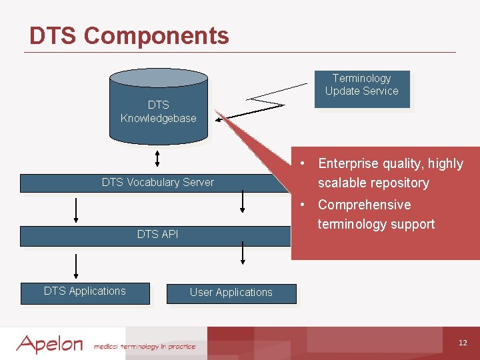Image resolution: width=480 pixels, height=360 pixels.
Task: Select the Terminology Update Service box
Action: tap(361, 85)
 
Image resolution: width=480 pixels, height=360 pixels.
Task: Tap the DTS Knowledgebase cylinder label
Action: tap(158, 111)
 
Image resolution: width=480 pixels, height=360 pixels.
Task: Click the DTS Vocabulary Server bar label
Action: tap(158, 182)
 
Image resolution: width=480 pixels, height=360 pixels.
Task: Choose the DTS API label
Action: tap(157, 234)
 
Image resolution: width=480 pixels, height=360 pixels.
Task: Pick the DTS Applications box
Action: tap(85, 291)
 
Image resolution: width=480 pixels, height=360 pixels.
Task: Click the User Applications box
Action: tap(231, 293)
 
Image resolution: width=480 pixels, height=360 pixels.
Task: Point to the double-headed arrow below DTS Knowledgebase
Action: tap(157, 158)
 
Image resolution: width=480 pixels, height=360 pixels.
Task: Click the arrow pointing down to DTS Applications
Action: tap(76, 265)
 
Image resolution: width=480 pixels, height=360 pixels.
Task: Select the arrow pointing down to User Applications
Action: tap(243, 253)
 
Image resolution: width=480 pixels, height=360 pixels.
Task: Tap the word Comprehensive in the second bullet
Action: tap(364, 205)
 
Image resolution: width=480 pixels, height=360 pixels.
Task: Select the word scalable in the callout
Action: tap(341, 183)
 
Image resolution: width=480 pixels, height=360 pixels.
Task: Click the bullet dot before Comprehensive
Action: tap(303, 204)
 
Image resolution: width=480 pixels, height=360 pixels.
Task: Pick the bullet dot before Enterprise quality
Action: tap(303, 163)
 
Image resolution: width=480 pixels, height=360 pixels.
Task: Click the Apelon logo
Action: tap(49, 344)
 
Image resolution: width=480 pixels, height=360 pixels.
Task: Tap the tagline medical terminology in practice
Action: tap(145, 346)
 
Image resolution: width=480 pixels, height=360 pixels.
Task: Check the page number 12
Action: tap(463, 343)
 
